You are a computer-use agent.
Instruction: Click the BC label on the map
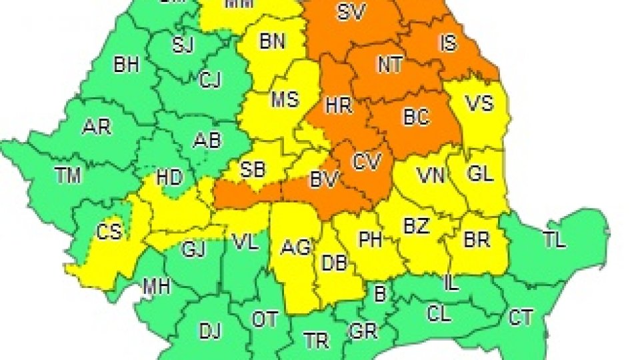point(415,117)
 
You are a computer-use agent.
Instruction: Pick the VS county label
point(479,104)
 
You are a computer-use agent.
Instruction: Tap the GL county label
point(480,175)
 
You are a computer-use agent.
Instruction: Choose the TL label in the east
point(554,241)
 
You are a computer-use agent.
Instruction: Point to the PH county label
point(370,239)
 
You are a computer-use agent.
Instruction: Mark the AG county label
point(296,248)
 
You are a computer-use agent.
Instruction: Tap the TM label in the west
point(68,176)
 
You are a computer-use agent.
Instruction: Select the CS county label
point(109,232)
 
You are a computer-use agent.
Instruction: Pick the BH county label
point(126,65)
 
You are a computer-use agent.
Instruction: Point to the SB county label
point(252,169)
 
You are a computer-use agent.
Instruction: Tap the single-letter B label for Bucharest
point(381,294)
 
